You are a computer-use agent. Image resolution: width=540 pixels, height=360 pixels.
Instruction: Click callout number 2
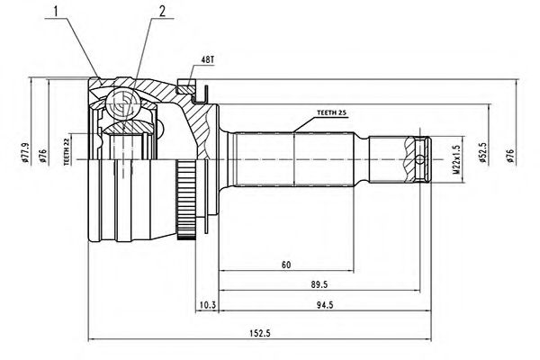tap(162, 11)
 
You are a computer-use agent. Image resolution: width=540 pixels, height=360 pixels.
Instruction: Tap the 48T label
tap(207, 59)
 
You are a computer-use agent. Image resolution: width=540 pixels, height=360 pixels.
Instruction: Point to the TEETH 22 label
tap(67, 153)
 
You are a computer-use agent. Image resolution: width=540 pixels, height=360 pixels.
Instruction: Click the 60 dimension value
tap(285, 265)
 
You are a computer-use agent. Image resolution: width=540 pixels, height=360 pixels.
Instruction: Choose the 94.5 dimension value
tap(321, 303)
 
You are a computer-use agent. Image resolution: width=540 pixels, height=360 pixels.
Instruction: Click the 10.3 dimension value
tap(207, 304)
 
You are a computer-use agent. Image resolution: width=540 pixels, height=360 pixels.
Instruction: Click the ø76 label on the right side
tap(510, 157)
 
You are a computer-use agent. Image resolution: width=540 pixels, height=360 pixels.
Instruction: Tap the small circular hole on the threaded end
tap(422, 161)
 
